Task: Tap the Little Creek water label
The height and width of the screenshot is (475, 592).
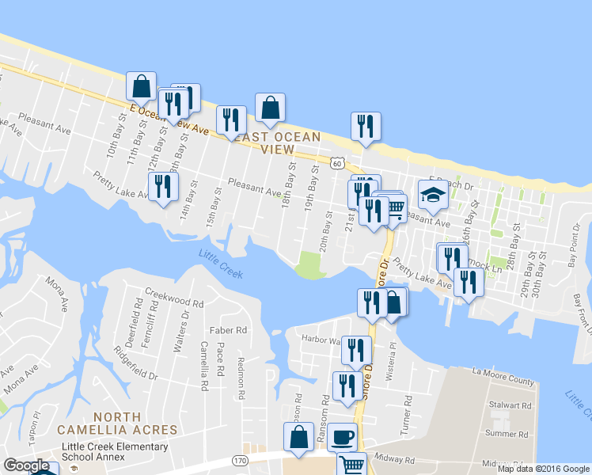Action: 221,264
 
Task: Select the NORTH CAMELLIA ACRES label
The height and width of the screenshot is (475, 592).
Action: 117,423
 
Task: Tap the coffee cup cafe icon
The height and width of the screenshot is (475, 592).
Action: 342,436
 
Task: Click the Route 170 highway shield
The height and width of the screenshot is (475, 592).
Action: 241,460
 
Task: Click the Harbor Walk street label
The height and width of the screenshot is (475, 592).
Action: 321,340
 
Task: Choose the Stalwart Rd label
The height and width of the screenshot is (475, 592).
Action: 508,405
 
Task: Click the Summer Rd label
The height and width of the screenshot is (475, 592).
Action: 506,434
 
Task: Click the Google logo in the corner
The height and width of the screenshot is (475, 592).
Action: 26,465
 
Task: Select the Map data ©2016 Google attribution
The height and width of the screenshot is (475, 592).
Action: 543,469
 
